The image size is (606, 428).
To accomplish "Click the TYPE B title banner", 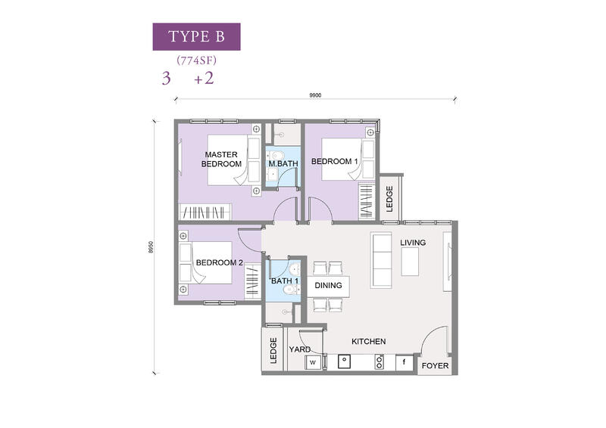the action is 196,36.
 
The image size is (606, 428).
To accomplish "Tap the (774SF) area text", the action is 196,60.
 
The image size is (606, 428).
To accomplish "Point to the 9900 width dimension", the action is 315,95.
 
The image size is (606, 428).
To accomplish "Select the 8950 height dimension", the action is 151,247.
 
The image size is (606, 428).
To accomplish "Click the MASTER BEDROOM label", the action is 221,159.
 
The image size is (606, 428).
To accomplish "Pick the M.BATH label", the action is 283,163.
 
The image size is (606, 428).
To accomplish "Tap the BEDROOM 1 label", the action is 335,161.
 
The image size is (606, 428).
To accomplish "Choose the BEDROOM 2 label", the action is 220,262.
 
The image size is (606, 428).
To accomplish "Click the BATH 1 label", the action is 285,281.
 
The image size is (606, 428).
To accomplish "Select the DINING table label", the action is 328,286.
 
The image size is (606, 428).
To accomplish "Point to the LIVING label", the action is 413,243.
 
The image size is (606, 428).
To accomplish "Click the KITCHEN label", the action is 369,342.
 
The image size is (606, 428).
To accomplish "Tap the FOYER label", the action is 435,366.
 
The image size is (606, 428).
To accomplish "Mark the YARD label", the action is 300,349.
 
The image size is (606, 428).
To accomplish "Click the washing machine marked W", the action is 313,363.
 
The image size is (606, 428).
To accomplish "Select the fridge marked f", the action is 405,362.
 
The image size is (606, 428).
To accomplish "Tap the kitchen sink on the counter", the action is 345,361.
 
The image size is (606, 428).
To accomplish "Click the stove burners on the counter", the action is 380,362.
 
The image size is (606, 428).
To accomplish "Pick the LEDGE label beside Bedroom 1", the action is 389,199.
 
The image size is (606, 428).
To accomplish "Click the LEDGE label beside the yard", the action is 273,351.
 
